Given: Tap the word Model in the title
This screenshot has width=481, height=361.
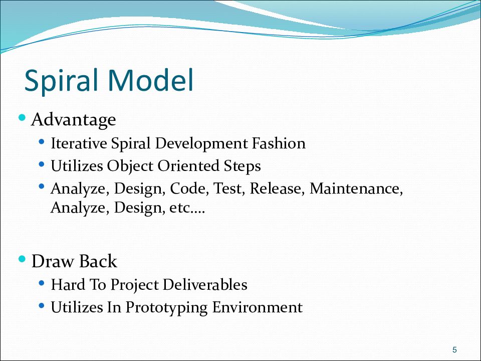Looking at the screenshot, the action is (151, 80).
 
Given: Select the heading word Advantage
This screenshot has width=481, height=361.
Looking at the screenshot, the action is (74, 120).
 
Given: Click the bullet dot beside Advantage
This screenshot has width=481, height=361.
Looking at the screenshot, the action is (22, 117).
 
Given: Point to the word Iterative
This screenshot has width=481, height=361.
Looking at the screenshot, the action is (79, 143).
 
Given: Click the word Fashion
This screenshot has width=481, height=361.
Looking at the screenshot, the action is (279, 143).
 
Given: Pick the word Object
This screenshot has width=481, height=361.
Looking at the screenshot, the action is (130, 166).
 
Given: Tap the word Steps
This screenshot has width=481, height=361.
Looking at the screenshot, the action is (242, 166).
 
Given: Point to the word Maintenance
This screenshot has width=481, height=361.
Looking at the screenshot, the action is (356, 189).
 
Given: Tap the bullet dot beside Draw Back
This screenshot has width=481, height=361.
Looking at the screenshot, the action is (22, 259).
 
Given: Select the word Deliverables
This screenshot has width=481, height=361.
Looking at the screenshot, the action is (205, 285).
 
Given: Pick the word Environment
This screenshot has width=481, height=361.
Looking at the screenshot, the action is (258, 307).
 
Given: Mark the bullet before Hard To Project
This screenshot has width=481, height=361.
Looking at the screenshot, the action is (42, 283).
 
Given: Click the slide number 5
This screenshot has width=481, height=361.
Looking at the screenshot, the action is (454, 349).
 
